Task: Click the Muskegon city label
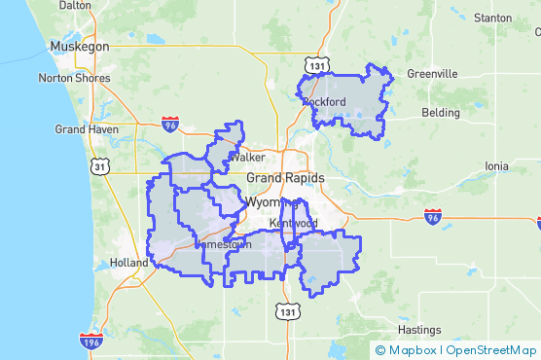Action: point(82,46)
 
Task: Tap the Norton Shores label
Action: point(71,78)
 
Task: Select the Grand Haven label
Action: point(87,129)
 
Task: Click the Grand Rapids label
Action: point(285,179)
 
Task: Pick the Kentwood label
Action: point(294,224)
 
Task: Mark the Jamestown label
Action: point(224,245)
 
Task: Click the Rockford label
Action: point(324,102)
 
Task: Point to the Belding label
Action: point(441,113)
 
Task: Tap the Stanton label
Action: point(491,18)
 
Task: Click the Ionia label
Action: point(496,166)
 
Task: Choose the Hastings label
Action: point(419,330)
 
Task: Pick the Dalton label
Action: point(75,5)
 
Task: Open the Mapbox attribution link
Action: point(408,350)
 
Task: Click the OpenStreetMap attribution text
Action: point(490,350)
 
